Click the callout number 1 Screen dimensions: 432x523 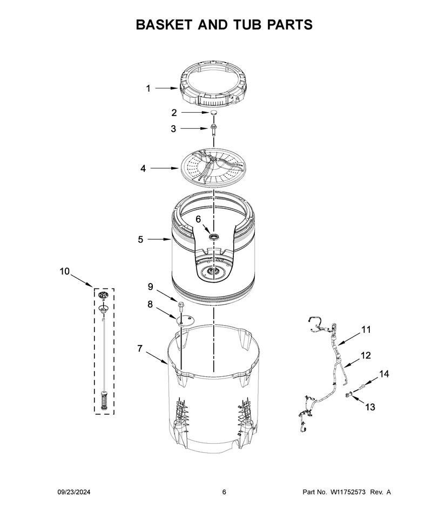tap(148, 89)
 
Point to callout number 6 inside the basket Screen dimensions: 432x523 tap(198, 219)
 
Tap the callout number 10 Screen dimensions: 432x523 tap(64, 272)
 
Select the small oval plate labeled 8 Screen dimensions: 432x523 tap(185, 320)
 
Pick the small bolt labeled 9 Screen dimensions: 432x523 tap(181, 306)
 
